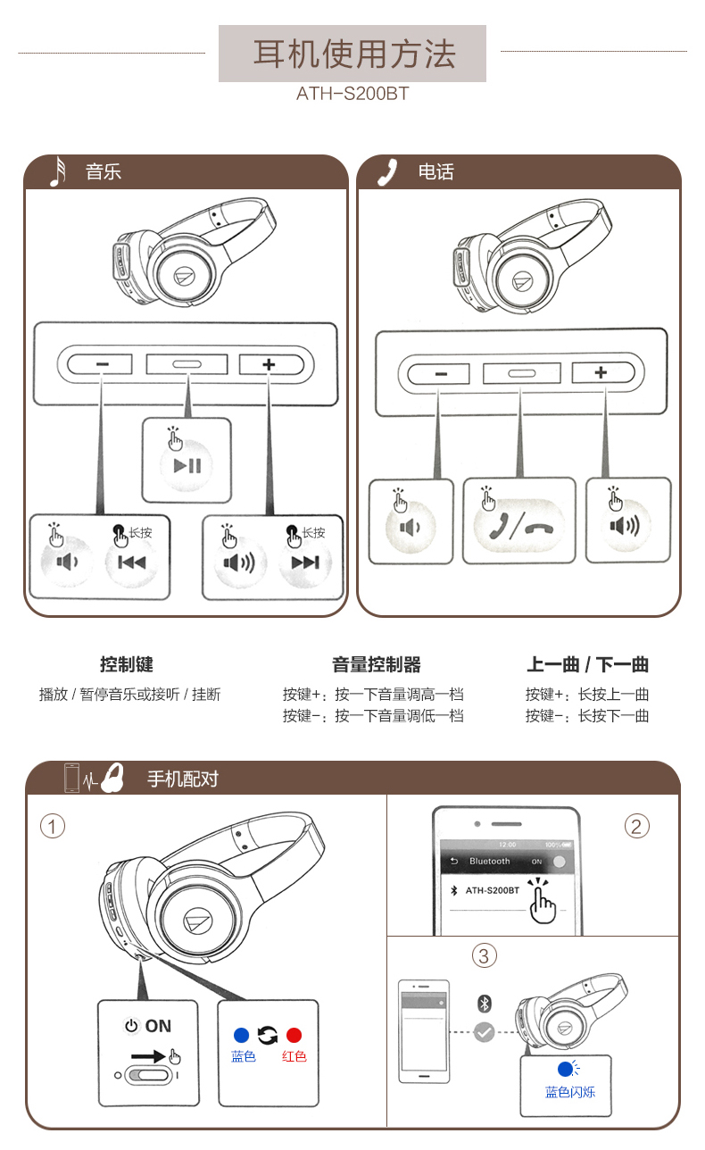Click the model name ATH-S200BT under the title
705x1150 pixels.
(x=352, y=93)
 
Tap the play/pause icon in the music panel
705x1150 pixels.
(x=187, y=464)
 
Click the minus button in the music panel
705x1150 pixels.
(x=101, y=364)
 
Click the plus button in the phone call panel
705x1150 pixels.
(x=601, y=372)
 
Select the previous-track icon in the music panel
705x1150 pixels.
(x=132, y=562)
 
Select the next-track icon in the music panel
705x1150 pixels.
(x=305, y=562)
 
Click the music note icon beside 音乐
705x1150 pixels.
(x=58, y=171)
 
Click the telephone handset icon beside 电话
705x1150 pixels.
(x=387, y=171)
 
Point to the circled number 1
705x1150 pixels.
(x=53, y=827)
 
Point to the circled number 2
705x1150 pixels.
(x=635, y=826)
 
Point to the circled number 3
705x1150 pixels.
(x=484, y=956)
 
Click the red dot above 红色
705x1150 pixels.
(x=294, y=1036)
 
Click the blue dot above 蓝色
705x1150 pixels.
(x=240, y=1036)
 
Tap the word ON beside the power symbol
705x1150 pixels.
(x=158, y=1026)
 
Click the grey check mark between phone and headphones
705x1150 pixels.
(x=484, y=1031)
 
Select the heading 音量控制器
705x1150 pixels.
(x=376, y=664)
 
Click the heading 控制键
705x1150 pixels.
(x=127, y=664)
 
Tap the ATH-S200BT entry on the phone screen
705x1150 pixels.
(x=492, y=890)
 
